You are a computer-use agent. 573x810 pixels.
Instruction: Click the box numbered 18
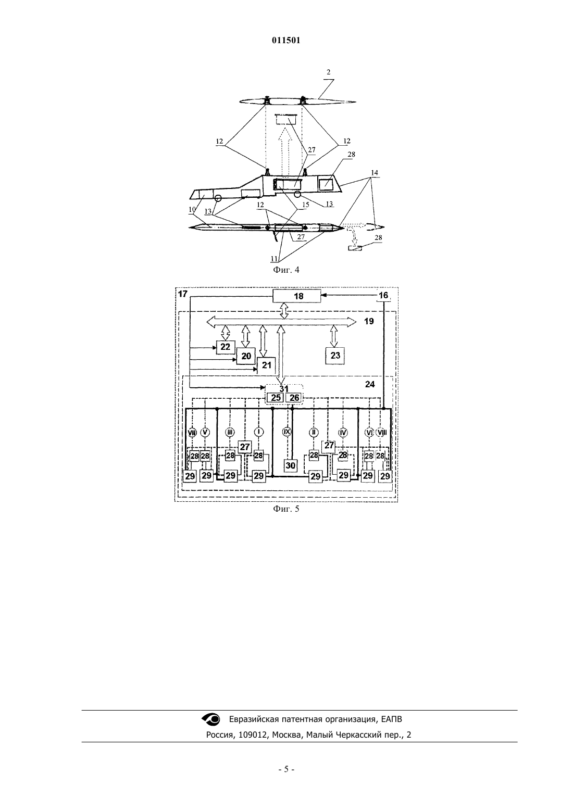point(296,297)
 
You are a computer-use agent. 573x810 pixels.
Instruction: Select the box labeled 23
point(335,356)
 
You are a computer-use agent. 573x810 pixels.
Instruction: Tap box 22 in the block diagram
point(226,347)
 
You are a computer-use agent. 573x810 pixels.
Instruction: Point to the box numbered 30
point(291,466)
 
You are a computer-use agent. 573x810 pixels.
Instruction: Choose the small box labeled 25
point(276,398)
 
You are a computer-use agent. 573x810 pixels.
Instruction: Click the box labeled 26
point(294,398)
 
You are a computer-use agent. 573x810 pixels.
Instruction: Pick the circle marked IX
point(287,432)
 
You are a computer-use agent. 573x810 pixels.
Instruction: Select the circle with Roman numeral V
point(205,432)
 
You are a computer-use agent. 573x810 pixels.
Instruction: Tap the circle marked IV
point(343,432)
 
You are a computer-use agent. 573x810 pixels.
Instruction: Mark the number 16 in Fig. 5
point(383,296)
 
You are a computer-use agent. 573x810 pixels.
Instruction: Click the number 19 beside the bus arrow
point(369,321)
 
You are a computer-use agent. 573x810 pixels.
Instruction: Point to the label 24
point(370,384)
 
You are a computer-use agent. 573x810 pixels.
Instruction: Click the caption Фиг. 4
point(286,270)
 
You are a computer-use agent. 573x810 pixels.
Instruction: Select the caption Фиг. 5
point(286,509)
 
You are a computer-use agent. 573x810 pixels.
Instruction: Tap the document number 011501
point(286,41)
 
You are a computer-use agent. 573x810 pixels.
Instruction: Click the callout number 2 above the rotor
point(329,72)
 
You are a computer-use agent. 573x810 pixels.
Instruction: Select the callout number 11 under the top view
point(274,259)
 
